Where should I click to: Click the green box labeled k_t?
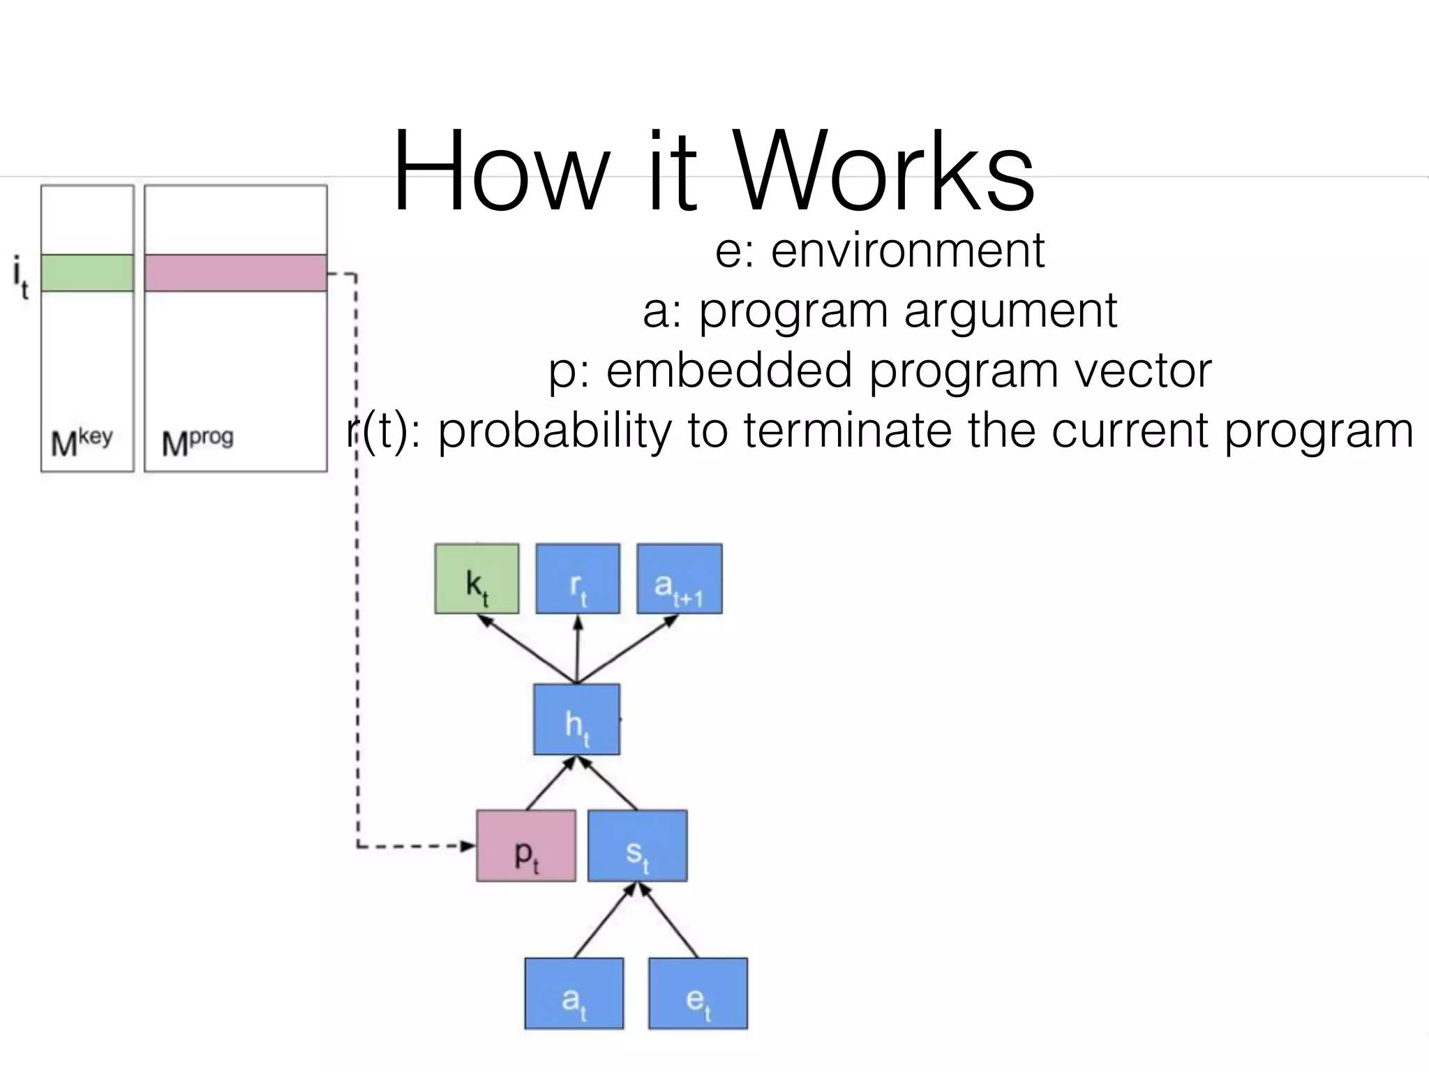tap(477, 579)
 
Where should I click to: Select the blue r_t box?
tap(578, 579)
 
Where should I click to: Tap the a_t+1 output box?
tap(679, 579)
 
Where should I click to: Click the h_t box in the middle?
tap(576, 719)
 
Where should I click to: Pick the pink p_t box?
tap(526, 845)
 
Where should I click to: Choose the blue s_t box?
tap(637, 845)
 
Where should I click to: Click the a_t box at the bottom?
tap(574, 993)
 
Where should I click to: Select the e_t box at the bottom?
tap(698, 993)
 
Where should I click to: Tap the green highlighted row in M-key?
tap(87, 273)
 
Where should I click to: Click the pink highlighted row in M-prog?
tap(236, 273)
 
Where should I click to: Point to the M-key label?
tap(82, 442)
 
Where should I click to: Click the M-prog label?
tap(197, 442)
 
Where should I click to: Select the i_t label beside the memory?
tap(21, 277)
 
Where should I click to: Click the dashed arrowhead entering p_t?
tap(467, 847)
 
